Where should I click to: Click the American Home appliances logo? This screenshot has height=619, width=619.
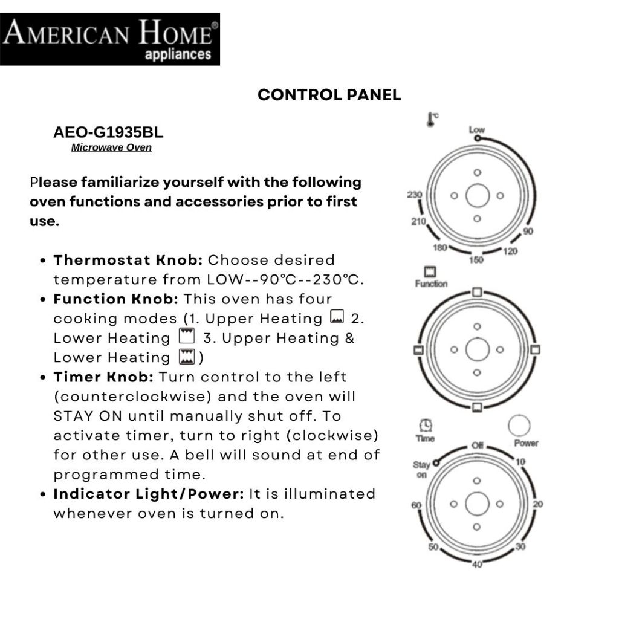point(110,39)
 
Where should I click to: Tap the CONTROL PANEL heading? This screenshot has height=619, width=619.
point(329,95)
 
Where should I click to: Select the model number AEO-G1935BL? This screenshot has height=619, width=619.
point(108,132)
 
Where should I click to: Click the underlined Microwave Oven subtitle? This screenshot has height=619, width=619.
point(111,147)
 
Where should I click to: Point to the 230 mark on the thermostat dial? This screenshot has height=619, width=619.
point(414,195)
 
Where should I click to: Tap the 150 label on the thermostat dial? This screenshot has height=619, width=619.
point(476,260)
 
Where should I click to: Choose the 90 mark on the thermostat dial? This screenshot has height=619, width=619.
point(528,232)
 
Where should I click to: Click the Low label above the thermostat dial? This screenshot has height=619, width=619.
point(476,129)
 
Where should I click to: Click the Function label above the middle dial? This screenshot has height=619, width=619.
point(431,284)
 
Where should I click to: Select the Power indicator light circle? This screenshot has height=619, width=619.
point(519,426)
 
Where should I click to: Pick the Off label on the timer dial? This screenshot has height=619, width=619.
point(477,446)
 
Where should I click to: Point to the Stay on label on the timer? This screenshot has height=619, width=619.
point(421,470)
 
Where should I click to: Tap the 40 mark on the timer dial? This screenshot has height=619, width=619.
point(477,565)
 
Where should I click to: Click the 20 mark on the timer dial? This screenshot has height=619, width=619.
point(538,504)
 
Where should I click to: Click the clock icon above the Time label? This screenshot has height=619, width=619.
point(426,426)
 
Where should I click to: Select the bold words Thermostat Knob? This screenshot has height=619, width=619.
point(128,260)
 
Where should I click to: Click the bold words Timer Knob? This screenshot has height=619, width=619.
point(104,377)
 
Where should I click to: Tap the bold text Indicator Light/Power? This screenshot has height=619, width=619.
point(149,494)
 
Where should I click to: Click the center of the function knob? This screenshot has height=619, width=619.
point(477,349)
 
